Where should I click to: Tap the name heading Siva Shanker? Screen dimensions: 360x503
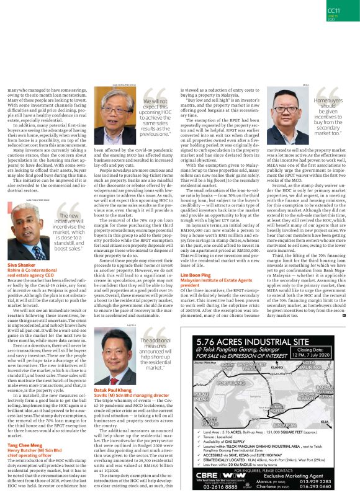coord(22,264)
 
